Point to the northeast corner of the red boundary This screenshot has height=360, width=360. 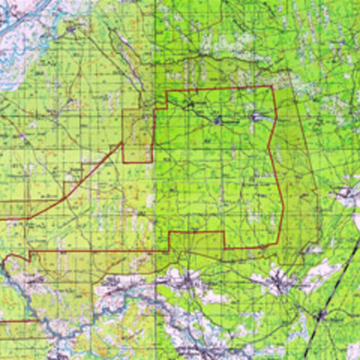coord(272,87)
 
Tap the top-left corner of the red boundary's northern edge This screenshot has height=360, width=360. coord(168,93)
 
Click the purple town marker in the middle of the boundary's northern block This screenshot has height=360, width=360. coord(218,118)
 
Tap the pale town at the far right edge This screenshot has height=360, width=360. coord(347,193)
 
